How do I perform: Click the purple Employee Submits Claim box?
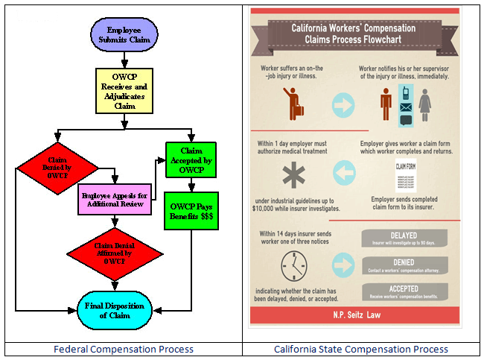click(x=124, y=36)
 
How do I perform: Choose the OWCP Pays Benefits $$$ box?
click(x=191, y=210)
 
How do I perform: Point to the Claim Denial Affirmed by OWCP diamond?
click(x=114, y=253)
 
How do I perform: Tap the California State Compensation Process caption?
click(x=361, y=350)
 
